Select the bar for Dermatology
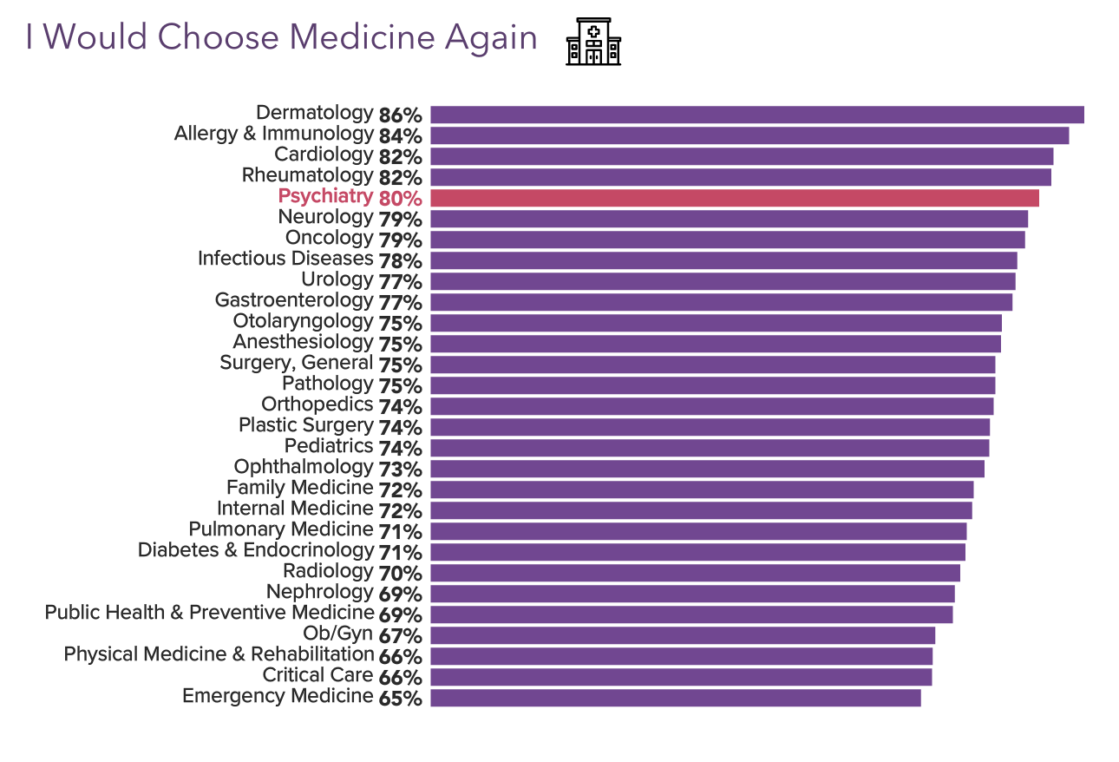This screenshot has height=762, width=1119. coord(756,115)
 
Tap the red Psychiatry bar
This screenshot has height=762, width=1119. coord(734,198)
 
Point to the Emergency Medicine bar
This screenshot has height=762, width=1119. coord(675,698)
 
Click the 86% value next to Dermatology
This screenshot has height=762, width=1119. coord(400,115)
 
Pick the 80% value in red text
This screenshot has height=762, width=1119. coord(400,198)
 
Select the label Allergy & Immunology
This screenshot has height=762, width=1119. coord(273,134)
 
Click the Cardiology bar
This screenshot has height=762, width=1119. coord(742,156)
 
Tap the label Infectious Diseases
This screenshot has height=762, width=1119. coord(285,259)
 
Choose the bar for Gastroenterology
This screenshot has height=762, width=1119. coord(721,302)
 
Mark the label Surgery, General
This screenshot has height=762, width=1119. coord(296,363)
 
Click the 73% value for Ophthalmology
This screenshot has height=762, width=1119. coord(400,469)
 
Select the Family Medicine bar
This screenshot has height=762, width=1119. coord(702,489)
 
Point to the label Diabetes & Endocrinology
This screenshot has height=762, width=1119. coord(255,550)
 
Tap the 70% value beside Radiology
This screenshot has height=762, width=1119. coord(400,573)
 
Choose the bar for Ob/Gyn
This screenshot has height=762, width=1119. coord(683,635)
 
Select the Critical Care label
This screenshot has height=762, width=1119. coord(317,675)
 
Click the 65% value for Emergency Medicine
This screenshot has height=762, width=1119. coord(400,698)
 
